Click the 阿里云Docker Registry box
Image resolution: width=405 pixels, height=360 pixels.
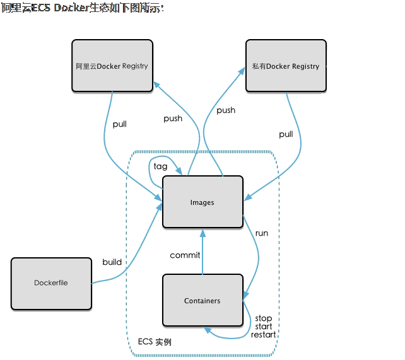click(112, 66)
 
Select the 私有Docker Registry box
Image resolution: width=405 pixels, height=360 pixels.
click(286, 66)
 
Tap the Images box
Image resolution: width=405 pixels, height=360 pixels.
click(202, 202)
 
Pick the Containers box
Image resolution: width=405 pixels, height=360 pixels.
click(202, 301)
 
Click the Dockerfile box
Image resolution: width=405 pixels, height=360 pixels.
click(51, 283)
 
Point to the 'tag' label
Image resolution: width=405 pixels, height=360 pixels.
click(161, 166)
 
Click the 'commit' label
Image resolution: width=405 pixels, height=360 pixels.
click(185, 255)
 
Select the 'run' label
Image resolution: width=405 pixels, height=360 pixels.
click(261, 233)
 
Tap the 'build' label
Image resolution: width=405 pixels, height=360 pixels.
click(112, 262)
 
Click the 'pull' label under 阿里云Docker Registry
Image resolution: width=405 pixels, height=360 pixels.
click(119, 124)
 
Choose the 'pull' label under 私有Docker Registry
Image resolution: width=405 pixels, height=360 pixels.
click(286, 134)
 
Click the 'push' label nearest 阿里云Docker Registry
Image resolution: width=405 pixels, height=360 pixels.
click(173, 119)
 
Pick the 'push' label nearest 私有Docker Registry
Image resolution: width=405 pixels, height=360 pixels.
click(226, 110)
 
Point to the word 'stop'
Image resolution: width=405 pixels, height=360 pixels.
click(264, 318)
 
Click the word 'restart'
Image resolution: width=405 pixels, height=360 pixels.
click(264, 335)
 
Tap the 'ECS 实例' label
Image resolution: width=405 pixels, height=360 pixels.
click(155, 342)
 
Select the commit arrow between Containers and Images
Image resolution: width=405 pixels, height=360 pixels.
click(202, 252)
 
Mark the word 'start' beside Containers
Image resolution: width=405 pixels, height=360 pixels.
click(264, 327)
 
